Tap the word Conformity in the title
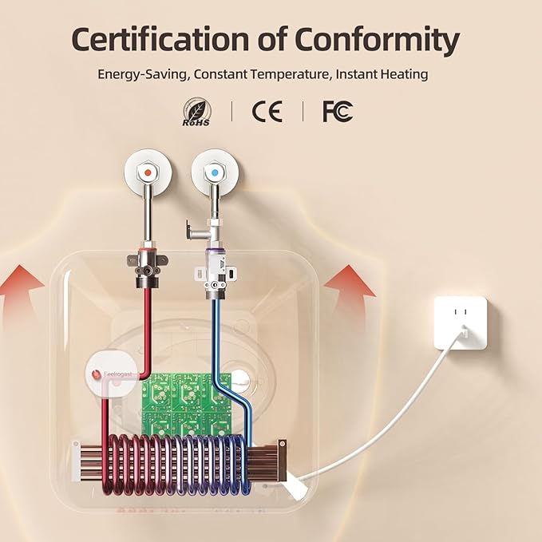click(378, 39)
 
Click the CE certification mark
click(267, 112)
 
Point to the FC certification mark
click(337, 112)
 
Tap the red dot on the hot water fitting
click(148, 172)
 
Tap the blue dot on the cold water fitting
click(213, 172)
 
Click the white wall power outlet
click(460, 322)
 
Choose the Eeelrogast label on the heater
click(115, 373)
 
